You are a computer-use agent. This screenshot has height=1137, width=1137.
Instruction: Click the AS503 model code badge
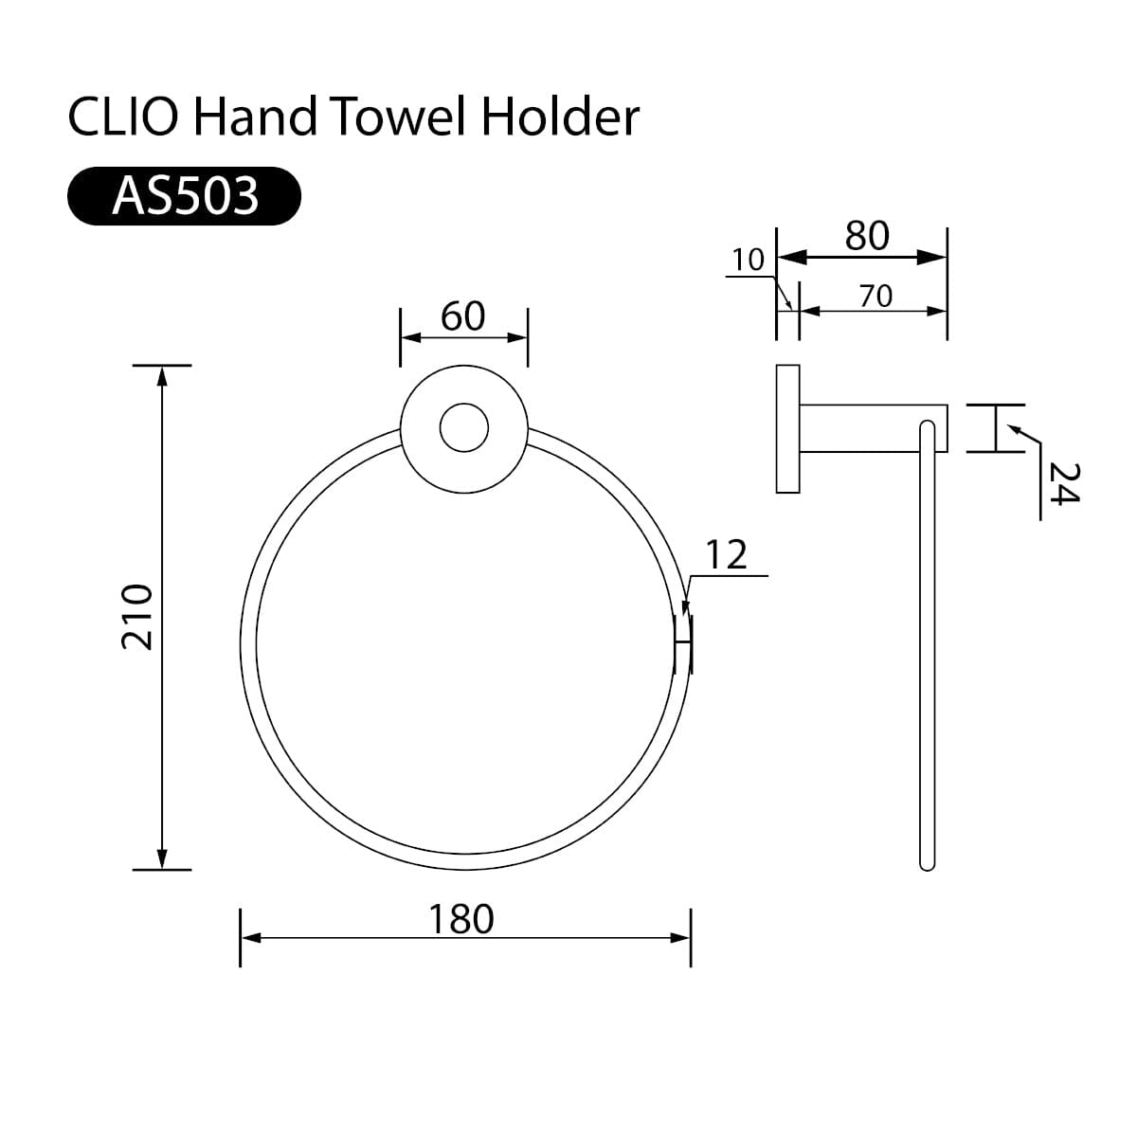[185, 196]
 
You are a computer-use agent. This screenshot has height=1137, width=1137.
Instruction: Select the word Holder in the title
[560, 118]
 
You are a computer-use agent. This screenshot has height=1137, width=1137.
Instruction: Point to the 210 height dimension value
[138, 617]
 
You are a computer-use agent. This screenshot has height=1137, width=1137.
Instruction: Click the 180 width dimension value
[461, 918]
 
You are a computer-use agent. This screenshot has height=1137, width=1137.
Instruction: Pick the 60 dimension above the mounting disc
[463, 316]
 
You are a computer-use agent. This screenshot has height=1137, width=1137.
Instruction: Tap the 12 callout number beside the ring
[726, 555]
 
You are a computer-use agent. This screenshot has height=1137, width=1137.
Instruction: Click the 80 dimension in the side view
[867, 236]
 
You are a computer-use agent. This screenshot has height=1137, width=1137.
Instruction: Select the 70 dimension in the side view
[875, 297]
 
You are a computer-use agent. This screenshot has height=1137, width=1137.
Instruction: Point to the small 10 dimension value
[749, 260]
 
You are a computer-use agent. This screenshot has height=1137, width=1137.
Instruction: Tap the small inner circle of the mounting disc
[464, 428]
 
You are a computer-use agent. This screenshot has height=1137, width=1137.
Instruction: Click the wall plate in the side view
[787, 428]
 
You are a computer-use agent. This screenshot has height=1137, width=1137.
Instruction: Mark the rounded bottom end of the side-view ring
[928, 861]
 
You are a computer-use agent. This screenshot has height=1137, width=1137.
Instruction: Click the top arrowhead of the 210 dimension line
[162, 375]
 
